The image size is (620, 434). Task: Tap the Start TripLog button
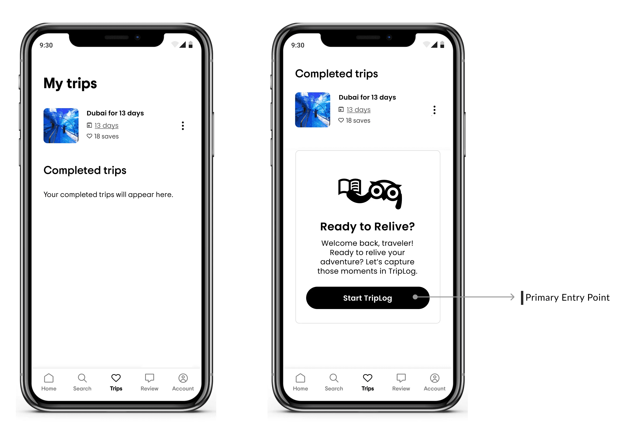point(367,298)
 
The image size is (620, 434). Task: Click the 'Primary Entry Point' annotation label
point(567,297)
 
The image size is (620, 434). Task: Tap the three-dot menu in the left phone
point(183,126)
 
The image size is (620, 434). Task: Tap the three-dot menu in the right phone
point(435,110)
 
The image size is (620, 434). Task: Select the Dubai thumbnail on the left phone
point(61,126)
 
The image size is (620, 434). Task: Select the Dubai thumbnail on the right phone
point(313,110)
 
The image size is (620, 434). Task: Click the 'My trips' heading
point(70,83)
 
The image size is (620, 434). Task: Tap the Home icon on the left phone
point(49,378)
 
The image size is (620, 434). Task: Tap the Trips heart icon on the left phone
point(116,378)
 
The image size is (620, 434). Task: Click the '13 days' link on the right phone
point(359,110)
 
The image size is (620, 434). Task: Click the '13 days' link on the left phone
point(106,125)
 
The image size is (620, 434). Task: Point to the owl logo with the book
point(370,194)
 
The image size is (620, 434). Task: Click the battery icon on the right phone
point(442,44)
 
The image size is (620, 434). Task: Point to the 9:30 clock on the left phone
point(46,45)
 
